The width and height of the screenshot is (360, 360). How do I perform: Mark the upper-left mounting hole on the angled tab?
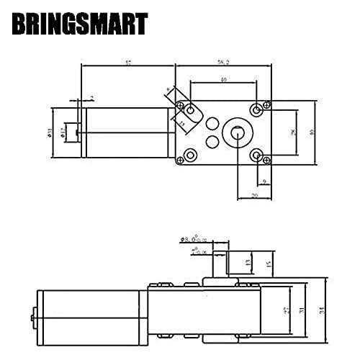coord(191,109)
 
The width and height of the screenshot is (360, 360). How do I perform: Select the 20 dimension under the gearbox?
coord(254,194)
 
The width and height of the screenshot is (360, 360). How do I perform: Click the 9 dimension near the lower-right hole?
coord(266,181)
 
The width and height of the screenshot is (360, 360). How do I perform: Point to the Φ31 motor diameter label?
coord(49,131)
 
